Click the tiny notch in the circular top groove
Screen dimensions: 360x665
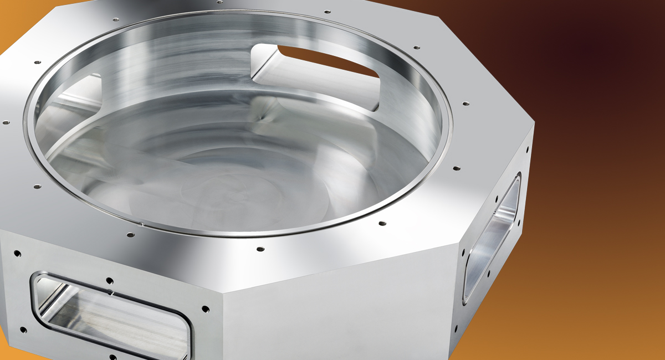142,224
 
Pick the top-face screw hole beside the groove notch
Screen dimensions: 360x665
130,234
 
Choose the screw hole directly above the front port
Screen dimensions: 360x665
110,281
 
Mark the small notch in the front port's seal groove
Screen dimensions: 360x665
111,291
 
